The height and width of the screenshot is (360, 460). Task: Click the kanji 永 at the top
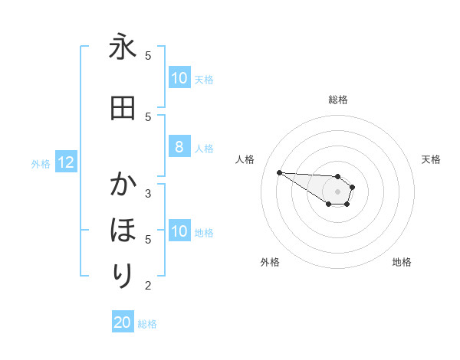pos(123,47)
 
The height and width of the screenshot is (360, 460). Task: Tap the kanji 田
pos(123,108)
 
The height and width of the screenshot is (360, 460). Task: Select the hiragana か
pos(123,185)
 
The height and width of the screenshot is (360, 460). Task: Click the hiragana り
pos(123,274)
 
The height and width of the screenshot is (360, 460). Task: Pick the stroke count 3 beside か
pos(148,193)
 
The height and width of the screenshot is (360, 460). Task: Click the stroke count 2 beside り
pos(148,286)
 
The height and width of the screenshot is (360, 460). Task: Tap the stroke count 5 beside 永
pos(148,56)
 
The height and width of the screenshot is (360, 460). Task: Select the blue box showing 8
pos(179,147)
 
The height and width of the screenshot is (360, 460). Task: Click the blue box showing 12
pos(65,162)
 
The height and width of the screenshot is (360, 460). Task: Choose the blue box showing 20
pos(123,323)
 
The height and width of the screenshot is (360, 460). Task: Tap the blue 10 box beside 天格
pos(179,78)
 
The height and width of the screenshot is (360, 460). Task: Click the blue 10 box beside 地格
pos(179,231)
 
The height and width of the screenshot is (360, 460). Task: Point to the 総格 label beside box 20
pos(147,324)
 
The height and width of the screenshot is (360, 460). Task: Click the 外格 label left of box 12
pos(41,163)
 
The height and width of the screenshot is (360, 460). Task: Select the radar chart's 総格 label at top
pos(338,100)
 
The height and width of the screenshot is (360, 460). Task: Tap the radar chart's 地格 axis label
pos(402,263)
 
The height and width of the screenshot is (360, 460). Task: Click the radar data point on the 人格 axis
pos(279,172)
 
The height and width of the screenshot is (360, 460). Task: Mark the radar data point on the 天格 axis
pos(353,187)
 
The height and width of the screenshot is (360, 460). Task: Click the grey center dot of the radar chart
pos(338,191)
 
